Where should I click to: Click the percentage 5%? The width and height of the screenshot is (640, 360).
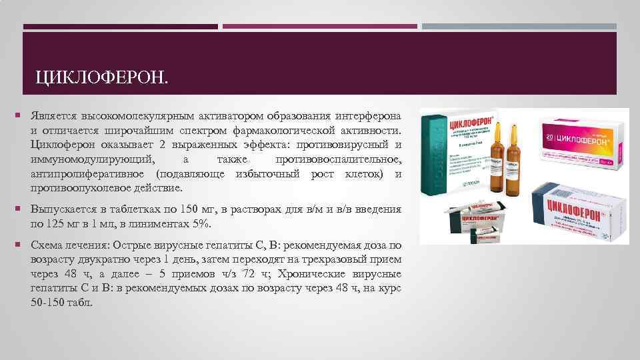pyautogui.click(x=207, y=223)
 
